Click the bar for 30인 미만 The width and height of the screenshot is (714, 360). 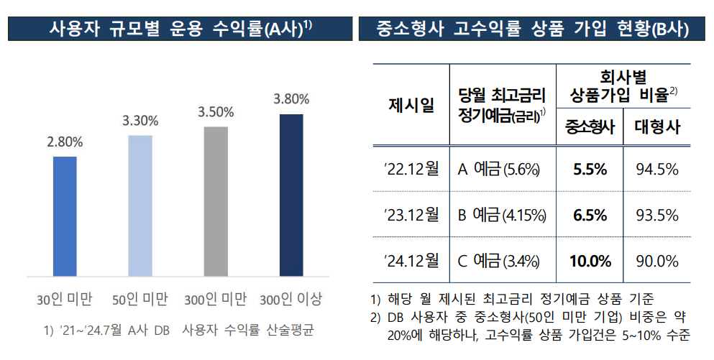65,216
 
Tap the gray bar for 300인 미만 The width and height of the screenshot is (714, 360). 216,201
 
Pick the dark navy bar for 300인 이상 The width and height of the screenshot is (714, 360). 291,194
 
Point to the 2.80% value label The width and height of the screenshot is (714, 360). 65,142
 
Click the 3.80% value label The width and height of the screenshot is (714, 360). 291,99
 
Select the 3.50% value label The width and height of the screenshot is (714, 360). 216,112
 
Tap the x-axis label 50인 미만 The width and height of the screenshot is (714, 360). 140,298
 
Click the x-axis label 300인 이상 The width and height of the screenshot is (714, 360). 291,298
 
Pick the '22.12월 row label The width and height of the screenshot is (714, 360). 411,170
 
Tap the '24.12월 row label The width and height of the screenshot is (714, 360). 411,261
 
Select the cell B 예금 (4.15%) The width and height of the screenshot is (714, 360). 502,215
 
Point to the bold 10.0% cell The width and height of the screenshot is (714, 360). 589,261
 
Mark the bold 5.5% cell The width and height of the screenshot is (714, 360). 590,170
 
